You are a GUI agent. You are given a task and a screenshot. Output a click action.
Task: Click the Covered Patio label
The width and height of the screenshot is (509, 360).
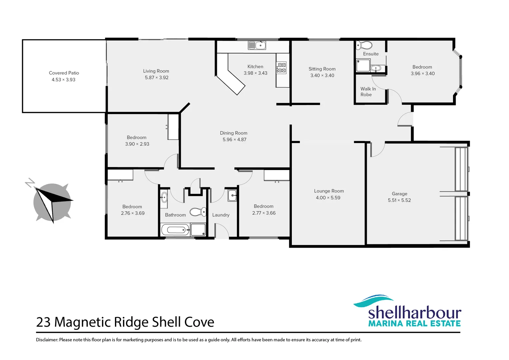pyautogui.click(x=64, y=73)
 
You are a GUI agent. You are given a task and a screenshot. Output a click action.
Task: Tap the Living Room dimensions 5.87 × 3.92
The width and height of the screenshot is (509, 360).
pyautogui.click(x=157, y=78)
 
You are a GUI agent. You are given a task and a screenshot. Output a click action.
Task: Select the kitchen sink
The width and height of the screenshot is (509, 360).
pyautogui.click(x=257, y=45)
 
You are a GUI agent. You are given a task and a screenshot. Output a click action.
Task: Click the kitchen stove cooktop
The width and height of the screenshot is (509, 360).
pyautogui.click(x=281, y=68)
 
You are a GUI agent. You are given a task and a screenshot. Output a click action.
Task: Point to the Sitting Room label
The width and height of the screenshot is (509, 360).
pyautogui.click(x=322, y=69)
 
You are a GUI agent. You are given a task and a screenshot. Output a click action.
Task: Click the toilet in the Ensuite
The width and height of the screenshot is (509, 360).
pyautogui.click(x=364, y=45)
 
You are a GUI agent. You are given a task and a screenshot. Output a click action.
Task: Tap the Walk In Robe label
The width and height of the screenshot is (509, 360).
pyautogui.click(x=368, y=92)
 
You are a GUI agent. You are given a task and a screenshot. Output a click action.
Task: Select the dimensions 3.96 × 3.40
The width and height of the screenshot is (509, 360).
pyautogui.click(x=422, y=74)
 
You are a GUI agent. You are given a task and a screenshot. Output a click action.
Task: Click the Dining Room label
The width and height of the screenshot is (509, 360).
pyautogui.click(x=234, y=133)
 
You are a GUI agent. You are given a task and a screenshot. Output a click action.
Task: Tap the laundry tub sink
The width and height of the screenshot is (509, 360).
pyautogui.click(x=232, y=195)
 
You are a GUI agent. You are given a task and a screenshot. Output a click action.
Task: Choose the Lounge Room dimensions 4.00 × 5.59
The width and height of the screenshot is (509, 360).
pyautogui.click(x=328, y=198)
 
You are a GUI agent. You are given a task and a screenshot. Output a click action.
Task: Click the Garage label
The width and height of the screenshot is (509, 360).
pyautogui.click(x=399, y=194)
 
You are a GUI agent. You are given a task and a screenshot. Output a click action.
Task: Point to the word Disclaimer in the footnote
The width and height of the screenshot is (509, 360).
pyautogui.click(x=47, y=340)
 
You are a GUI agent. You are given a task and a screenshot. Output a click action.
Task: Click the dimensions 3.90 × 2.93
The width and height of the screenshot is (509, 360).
pyautogui.click(x=137, y=144)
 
